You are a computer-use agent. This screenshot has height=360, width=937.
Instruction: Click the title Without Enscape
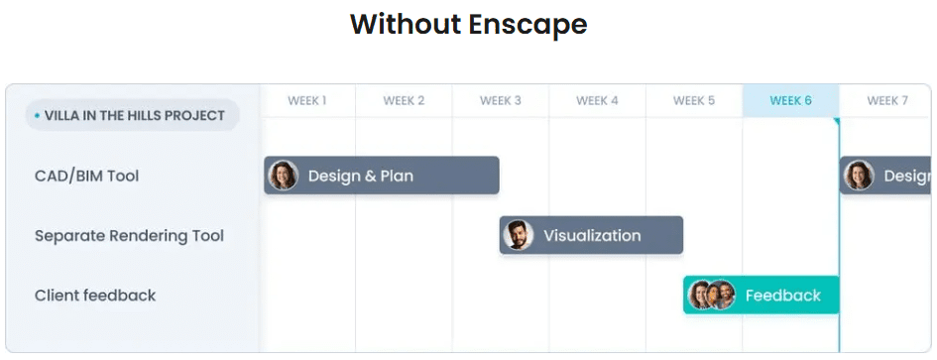[x=468, y=23]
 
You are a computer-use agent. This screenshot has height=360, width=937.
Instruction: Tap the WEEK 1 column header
[x=307, y=100]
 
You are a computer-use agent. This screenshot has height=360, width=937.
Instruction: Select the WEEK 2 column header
[x=404, y=100]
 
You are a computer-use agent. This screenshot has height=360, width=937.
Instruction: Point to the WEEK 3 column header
[x=500, y=100]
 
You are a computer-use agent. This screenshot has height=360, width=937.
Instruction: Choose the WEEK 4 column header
[x=597, y=100]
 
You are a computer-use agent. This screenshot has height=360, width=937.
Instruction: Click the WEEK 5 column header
[x=694, y=100]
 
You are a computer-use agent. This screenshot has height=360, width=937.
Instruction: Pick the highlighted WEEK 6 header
[x=790, y=100]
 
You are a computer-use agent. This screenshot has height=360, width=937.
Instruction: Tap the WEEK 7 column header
[x=887, y=100]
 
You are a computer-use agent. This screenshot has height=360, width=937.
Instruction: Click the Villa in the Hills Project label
[x=135, y=115]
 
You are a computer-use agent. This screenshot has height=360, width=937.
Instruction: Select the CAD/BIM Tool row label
[x=86, y=176]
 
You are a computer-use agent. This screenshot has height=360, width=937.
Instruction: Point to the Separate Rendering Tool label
[x=129, y=235]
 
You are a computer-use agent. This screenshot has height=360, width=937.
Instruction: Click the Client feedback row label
[x=95, y=295]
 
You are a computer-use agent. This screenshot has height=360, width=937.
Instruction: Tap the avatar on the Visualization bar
[x=519, y=235]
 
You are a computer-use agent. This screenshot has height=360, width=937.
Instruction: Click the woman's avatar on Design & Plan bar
[x=284, y=176]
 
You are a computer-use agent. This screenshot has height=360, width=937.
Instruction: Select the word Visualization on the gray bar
[x=592, y=235]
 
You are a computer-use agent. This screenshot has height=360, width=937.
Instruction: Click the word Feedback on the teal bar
[x=782, y=295]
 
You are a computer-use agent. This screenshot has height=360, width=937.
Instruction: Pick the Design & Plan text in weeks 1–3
[x=360, y=176]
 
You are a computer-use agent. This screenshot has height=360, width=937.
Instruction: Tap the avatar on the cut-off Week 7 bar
[x=859, y=176]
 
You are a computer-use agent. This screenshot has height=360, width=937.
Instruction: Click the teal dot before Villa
[x=37, y=116]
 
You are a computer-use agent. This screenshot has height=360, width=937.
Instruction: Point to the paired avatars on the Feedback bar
[x=711, y=295]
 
